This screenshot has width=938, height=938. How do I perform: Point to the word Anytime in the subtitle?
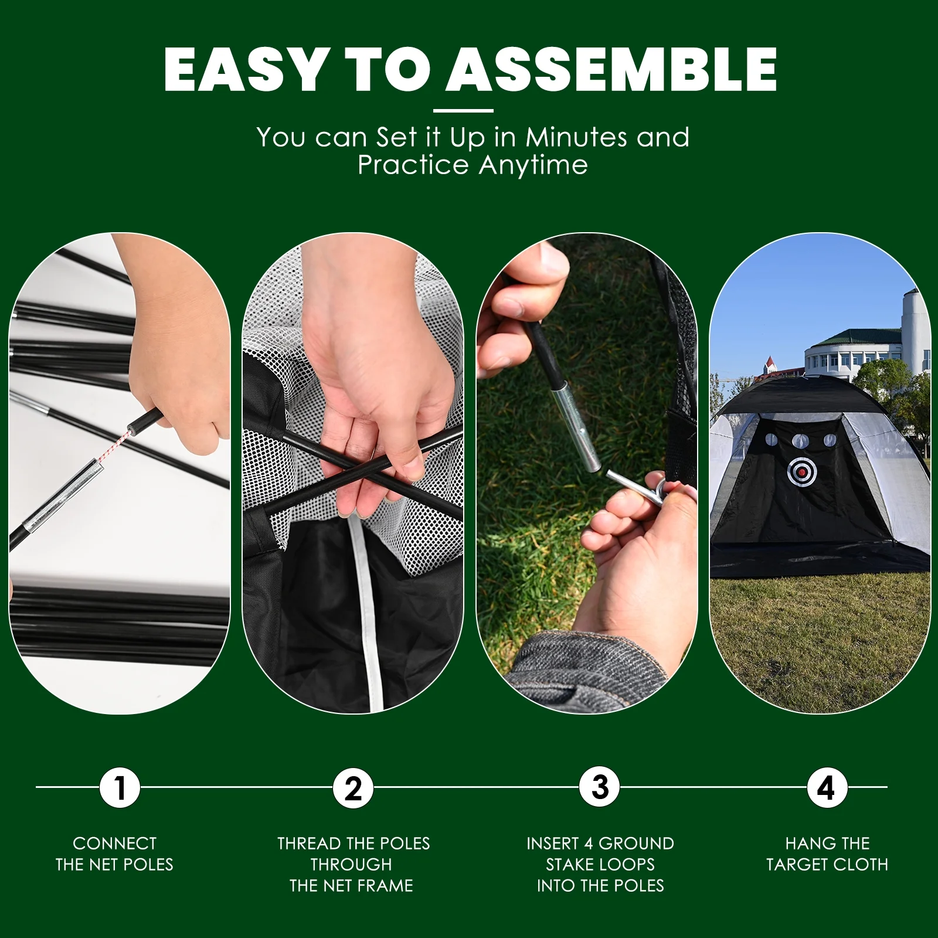[533, 165]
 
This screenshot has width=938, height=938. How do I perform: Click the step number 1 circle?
[120, 787]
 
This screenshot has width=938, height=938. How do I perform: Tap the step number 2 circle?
[354, 787]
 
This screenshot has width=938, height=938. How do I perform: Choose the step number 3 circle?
[599, 787]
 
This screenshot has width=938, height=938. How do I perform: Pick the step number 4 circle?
[827, 787]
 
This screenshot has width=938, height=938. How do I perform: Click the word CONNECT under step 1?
[115, 844]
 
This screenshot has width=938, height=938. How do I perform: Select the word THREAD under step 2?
[309, 844]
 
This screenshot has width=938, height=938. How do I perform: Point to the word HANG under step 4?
[806, 844]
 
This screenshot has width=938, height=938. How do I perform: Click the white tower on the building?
[913, 331]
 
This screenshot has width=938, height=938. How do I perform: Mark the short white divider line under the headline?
[463, 110]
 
